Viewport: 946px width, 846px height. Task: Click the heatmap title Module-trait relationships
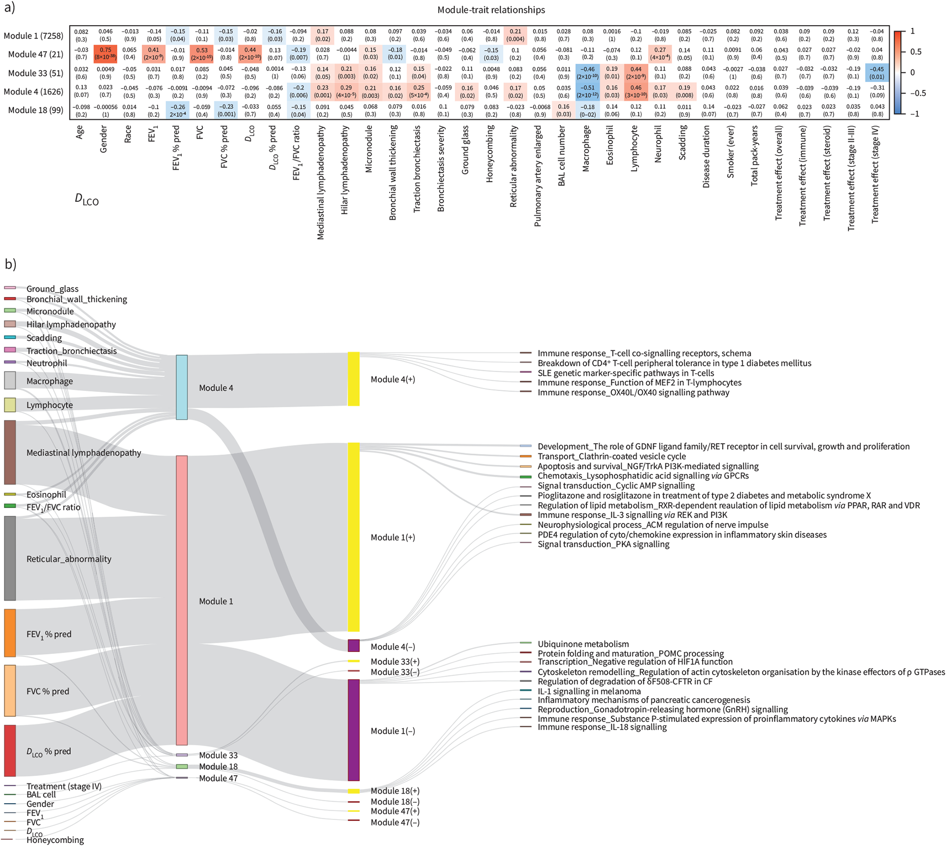tap(491, 10)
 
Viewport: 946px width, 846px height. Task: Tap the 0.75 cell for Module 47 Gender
tap(105, 54)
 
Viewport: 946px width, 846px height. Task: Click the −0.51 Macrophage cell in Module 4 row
tap(587, 92)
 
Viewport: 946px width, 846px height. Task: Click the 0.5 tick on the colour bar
tap(915, 52)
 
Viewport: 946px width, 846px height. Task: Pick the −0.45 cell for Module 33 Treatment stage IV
tap(877, 73)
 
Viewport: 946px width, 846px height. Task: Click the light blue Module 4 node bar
tap(182, 387)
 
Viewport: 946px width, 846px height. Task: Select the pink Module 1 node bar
tap(182, 600)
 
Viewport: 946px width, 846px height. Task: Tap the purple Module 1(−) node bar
tap(353, 730)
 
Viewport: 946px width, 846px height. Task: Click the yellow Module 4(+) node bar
tap(353, 379)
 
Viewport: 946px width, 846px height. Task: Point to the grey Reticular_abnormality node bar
tap(10, 558)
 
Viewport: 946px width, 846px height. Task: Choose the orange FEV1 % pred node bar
tap(10, 633)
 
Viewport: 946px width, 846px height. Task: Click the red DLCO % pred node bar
tap(10, 750)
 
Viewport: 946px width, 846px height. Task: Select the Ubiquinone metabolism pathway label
tap(583, 644)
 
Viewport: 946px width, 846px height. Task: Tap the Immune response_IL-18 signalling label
tap(602, 727)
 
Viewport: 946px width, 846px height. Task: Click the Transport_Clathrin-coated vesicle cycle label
tap(611, 456)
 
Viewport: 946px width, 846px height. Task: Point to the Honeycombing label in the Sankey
tap(55, 840)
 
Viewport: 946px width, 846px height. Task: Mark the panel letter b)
tap(10, 264)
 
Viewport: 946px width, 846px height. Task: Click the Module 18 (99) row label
tap(35, 110)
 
